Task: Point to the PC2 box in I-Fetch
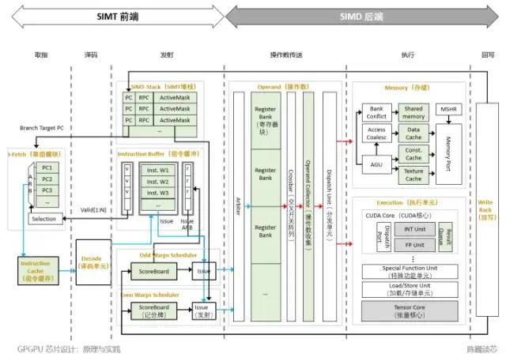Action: pyautogui.click(x=47, y=179)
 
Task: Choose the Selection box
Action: pyautogui.click(x=44, y=218)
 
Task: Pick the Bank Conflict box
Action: pyautogui.click(x=376, y=114)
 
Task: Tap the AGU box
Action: pyautogui.click(x=376, y=164)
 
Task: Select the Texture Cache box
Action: pyautogui.click(x=413, y=175)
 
